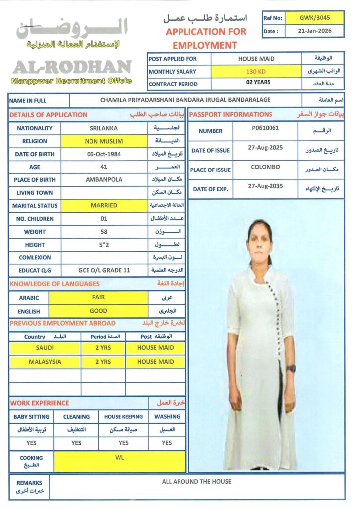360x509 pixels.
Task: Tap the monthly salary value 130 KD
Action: [x=256, y=72]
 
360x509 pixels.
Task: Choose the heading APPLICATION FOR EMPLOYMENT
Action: [x=205, y=38]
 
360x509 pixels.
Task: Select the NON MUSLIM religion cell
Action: [x=104, y=141]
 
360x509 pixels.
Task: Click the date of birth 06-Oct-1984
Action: [x=104, y=154]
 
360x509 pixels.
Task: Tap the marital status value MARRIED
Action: [x=104, y=205]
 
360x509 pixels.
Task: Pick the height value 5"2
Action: [x=104, y=244]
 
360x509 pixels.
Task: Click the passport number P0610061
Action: [x=265, y=128]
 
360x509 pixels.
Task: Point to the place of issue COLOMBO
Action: [x=265, y=167]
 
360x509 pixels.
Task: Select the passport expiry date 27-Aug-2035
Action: [x=265, y=186]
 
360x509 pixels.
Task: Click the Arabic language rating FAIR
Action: [x=98, y=297]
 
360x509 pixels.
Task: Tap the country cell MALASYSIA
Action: [x=45, y=362]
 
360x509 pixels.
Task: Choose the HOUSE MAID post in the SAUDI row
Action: [x=155, y=348]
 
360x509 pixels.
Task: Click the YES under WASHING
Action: [x=167, y=443]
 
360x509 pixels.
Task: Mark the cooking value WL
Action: [x=120, y=457]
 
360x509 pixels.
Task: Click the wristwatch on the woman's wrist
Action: [x=291, y=368]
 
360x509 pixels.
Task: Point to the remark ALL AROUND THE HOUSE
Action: [x=196, y=481]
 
